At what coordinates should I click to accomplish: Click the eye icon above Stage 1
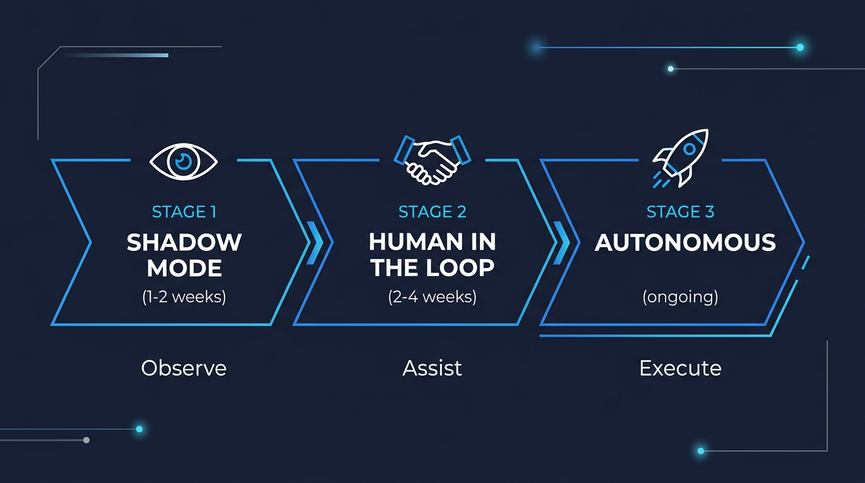tap(184, 162)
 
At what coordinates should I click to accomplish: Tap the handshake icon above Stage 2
tap(432, 160)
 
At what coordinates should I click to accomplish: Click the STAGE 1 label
tap(184, 212)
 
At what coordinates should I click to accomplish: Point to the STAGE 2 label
tap(432, 212)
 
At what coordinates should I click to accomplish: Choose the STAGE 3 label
tap(680, 212)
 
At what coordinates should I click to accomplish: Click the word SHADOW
tap(184, 242)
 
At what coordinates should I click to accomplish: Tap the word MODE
tap(184, 269)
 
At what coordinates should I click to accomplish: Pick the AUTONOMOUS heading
tap(685, 243)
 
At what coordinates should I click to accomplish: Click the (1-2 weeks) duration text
tap(184, 296)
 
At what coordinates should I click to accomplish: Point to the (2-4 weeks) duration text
tap(432, 296)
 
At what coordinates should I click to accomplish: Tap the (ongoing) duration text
tap(680, 296)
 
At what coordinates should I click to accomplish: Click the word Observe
tap(184, 368)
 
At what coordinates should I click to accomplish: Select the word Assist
tap(432, 368)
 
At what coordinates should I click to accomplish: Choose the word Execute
tap(680, 368)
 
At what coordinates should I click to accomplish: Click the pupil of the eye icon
tap(184, 162)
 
